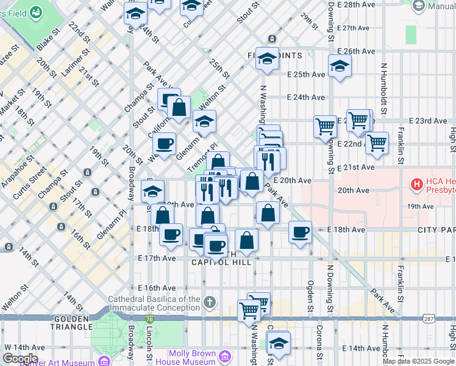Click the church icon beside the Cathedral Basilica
tap(209, 302)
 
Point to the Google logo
tap(20, 359)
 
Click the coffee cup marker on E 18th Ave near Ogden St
tap(300, 232)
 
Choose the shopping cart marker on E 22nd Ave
tap(377, 143)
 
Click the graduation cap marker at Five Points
tap(267, 59)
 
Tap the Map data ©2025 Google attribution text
tap(418, 361)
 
